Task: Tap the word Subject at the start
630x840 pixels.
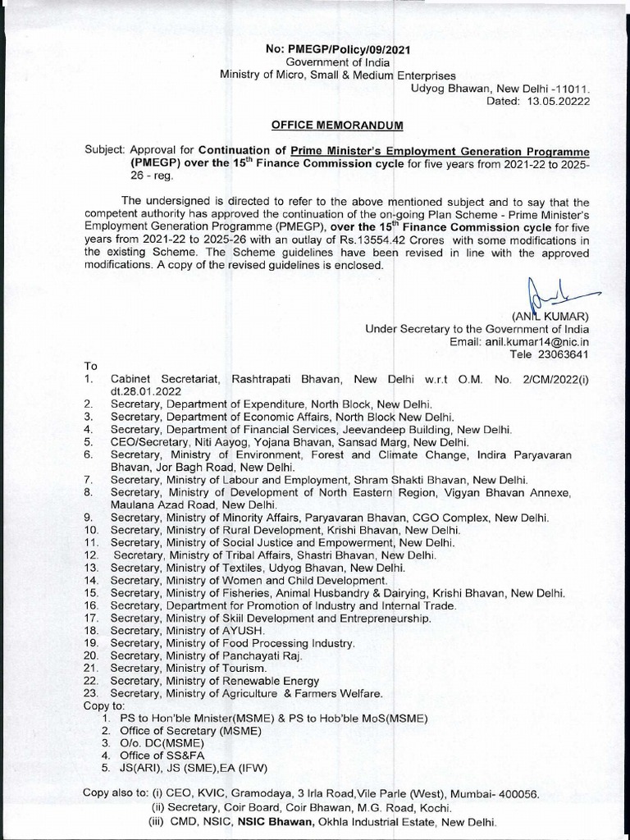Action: [103, 151]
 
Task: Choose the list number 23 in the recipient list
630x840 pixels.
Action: [91, 693]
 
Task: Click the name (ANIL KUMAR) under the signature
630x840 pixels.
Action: [551, 316]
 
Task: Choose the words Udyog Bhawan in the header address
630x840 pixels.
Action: [448, 87]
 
